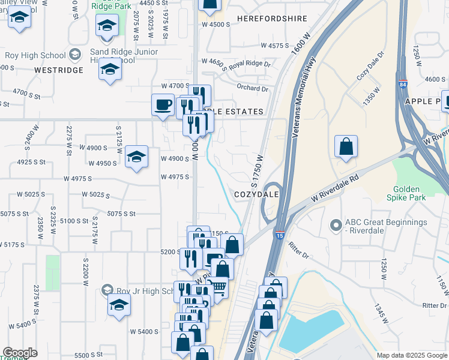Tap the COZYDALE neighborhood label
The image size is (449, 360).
point(258,195)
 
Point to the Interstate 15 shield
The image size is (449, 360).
point(280,234)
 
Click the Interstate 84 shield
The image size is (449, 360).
point(402,84)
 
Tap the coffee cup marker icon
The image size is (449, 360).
point(163,106)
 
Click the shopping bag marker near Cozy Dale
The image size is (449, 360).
point(346,147)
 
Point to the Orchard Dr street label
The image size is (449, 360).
point(252,88)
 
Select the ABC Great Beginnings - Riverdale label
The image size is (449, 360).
point(386,227)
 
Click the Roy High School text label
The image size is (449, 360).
point(35,56)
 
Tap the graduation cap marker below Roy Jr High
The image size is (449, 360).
point(119,305)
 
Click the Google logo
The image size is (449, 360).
point(20,353)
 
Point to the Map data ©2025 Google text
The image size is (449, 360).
point(411,355)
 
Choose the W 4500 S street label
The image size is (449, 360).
point(216,25)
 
